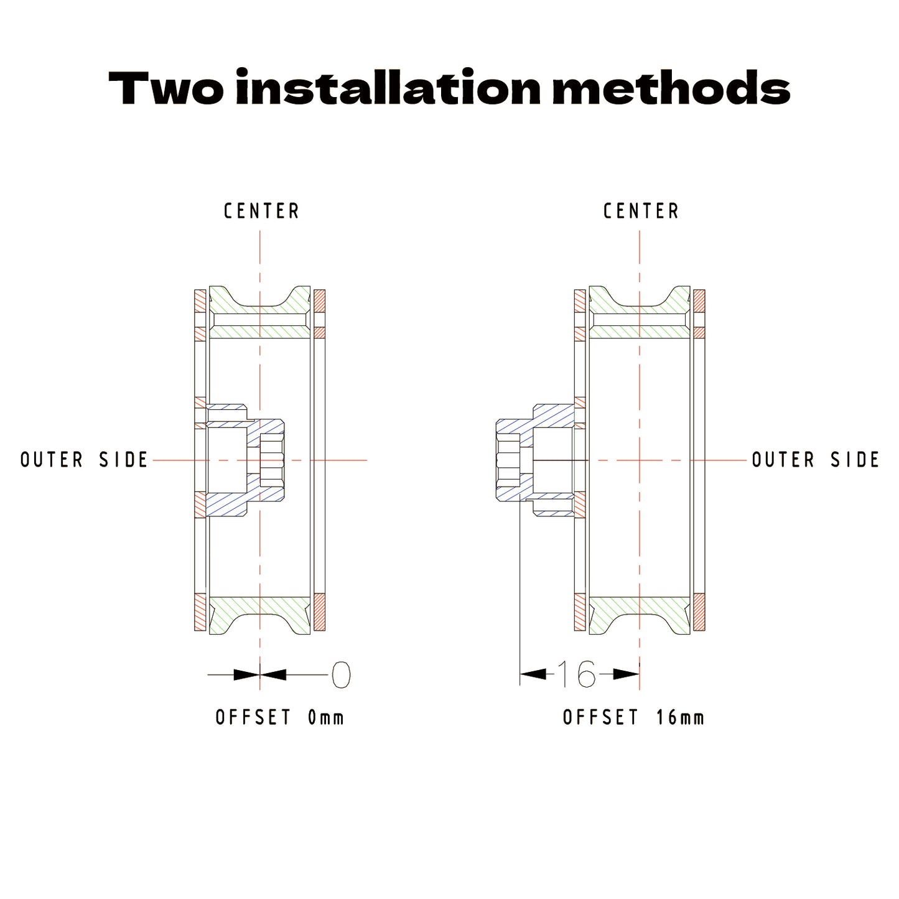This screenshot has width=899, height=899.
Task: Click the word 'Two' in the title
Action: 165,88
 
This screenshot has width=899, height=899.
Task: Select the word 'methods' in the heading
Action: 671,87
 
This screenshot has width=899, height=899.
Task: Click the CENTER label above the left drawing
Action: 261,212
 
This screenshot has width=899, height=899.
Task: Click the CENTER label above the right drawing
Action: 641,212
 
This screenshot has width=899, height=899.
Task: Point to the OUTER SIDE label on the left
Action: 85,460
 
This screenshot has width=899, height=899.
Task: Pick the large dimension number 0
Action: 341,674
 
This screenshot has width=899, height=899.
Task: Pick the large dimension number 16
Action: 577,674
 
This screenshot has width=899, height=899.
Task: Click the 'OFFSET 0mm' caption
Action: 280,717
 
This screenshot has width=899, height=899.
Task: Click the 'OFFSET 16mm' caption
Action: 633,717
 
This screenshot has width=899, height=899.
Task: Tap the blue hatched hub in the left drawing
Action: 245,460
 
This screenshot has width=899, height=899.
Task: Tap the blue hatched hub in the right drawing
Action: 534,460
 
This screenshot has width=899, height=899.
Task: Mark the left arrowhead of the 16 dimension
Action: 533,674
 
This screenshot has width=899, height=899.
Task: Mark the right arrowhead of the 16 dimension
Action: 626,674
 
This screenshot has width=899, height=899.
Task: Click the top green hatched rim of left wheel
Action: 260,312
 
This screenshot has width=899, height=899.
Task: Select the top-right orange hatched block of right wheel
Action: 699,301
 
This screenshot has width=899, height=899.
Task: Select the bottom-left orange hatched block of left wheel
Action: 200,612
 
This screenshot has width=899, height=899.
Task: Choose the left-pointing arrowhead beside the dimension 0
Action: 273,674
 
